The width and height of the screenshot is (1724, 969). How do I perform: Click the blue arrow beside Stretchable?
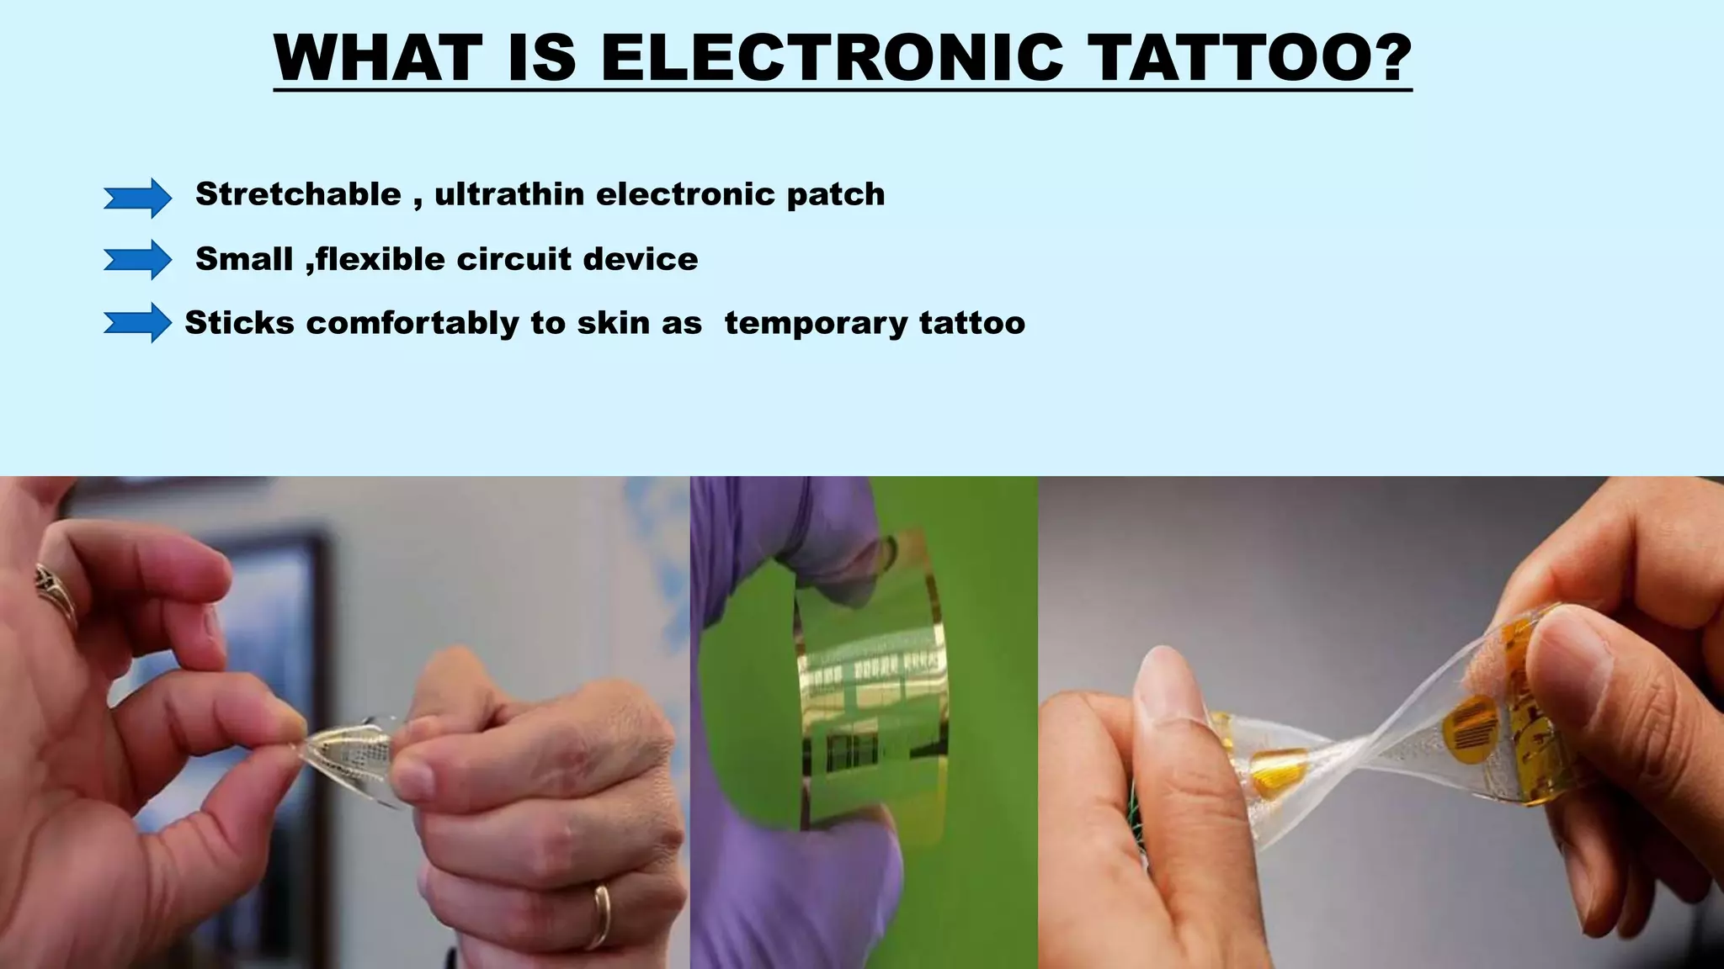tap(137, 198)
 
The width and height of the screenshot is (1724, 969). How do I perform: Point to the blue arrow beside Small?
tap(137, 259)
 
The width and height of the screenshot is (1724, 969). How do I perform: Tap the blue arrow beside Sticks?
tap(137, 323)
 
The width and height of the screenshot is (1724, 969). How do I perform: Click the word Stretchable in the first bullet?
tap(298, 194)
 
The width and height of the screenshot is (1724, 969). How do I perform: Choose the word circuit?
tap(513, 259)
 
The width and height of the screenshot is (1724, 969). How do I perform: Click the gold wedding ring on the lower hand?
tap(601, 916)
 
